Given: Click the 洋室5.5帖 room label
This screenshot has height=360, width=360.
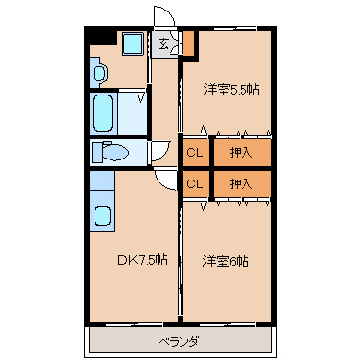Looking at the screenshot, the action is click(231, 90).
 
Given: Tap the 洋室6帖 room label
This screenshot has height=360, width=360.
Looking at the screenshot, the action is click(226, 262).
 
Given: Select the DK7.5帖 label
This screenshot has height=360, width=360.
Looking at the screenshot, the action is click(142, 261).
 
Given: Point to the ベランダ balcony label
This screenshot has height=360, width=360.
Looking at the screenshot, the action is click(180, 342).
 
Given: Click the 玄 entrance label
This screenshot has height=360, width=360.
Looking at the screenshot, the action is click(163, 43).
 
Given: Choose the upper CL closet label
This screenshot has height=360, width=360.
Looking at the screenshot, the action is click(195, 153).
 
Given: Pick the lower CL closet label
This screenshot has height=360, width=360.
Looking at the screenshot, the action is click(195, 183).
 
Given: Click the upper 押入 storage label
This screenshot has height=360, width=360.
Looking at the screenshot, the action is click(241, 153).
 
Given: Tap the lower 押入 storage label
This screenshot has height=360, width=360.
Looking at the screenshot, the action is click(241, 183).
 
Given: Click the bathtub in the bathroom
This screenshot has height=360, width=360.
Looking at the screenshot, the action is click(102, 114).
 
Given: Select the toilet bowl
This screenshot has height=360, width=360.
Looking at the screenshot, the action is click(111, 153).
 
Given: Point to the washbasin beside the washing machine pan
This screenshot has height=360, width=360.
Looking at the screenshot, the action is click(99, 73).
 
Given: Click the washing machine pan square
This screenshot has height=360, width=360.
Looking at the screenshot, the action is click(133, 45).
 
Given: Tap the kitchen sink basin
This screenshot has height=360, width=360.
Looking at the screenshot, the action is click(102, 216).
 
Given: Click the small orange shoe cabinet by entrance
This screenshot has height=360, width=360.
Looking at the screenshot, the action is click(188, 43).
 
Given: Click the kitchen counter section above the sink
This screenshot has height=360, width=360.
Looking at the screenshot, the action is click(102, 180).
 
